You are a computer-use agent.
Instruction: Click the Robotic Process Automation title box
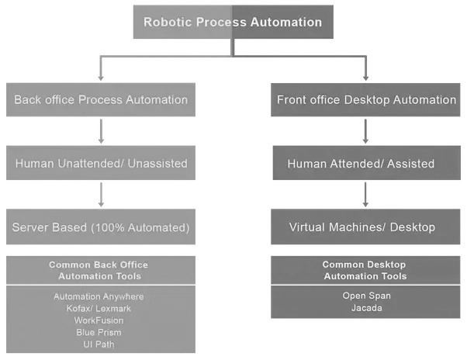click(x=233, y=22)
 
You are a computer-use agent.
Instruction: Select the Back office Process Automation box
click(x=101, y=100)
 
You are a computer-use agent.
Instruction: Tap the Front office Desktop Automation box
click(x=366, y=100)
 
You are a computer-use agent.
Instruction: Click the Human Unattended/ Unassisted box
click(x=101, y=164)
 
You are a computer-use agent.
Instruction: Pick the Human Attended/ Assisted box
click(x=366, y=164)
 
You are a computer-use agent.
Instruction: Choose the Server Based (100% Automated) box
click(x=101, y=227)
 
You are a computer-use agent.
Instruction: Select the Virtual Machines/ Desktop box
click(x=366, y=227)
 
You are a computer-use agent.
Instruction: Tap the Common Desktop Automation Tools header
click(x=366, y=270)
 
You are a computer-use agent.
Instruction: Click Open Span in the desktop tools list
click(x=366, y=296)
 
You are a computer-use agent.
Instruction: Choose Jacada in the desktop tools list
click(x=366, y=307)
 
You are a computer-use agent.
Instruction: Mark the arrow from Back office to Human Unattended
click(x=101, y=132)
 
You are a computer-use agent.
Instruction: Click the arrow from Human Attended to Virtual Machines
click(x=366, y=196)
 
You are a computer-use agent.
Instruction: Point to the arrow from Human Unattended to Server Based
click(x=101, y=196)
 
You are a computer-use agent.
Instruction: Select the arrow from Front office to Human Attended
click(x=366, y=132)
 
